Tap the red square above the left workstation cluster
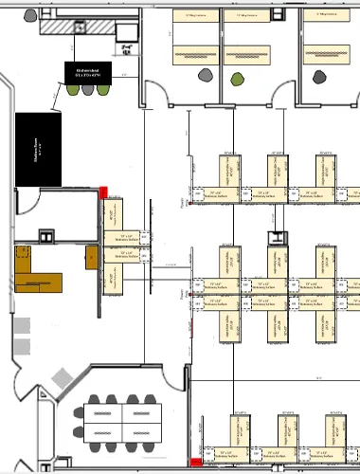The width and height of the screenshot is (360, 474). point(103,192)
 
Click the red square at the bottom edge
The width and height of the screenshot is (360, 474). point(196,463)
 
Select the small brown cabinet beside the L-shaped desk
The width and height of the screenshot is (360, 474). point(91,257)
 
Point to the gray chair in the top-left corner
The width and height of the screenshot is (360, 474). point(31,16)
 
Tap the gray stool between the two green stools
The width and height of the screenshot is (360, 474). point(89,90)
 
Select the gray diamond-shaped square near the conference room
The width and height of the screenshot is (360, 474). point(63,379)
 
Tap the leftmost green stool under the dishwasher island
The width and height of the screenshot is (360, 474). point(75,90)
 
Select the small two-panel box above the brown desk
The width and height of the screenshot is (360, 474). point(44,233)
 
